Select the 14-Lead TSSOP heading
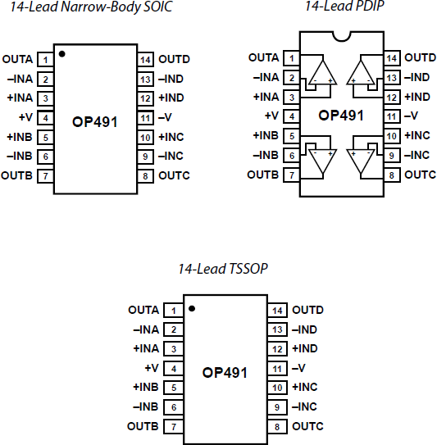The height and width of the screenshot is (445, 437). click(223, 268)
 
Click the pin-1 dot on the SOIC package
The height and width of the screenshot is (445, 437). click(63, 54)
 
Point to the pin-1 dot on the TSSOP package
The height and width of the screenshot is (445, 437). click(191, 309)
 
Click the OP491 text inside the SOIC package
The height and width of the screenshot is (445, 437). click(95, 121)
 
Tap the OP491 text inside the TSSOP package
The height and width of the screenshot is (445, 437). click(224, 372)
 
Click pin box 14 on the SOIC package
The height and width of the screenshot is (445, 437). click(145, 60)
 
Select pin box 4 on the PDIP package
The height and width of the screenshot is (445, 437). click(292, 116)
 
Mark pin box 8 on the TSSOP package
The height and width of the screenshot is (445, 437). click(278, 426)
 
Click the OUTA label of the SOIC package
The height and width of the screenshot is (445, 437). click(18, 60)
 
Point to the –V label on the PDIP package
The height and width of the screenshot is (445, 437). click(414, 116)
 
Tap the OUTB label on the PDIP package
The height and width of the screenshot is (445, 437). click(262, 175)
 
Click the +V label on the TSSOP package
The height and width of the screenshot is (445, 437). click(151, 369)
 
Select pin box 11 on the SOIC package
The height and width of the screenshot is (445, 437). click(145, 117)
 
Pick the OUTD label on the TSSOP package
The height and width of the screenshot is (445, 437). click(307, 311)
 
